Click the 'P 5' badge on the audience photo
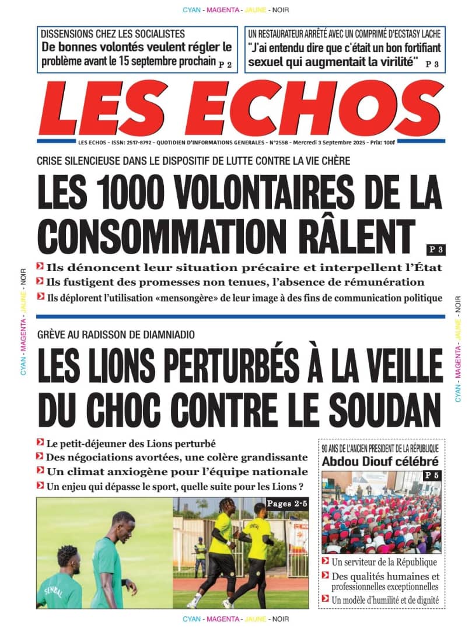coord(432,476)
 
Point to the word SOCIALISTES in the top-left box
coord(153,34)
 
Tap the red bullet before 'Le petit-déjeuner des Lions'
coord(40,442)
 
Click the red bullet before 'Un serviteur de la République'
coord(325,562)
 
